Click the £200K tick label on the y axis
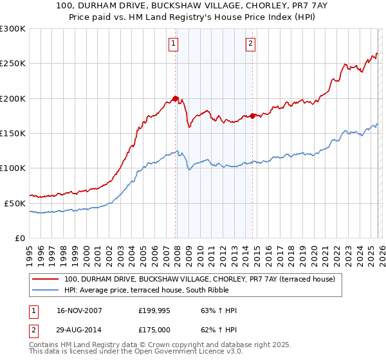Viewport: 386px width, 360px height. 12,98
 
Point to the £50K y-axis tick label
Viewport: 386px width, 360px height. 14,203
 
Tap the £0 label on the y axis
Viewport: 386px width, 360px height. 19,238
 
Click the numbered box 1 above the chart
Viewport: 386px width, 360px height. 174,44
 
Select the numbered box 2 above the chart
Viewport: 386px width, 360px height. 250,44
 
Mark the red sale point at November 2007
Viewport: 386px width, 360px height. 176,98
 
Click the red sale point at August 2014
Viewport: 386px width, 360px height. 252,116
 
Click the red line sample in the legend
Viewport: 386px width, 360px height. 46,280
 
